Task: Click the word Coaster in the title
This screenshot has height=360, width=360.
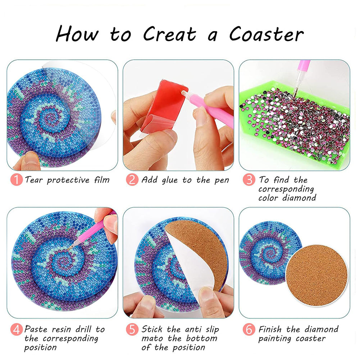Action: point(266,35)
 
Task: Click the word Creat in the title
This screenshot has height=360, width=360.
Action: point(169,35)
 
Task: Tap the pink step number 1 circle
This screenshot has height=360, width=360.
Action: point(16,179)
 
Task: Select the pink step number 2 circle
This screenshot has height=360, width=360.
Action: point(132,179)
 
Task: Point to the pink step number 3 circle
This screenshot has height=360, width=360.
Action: point(249,179)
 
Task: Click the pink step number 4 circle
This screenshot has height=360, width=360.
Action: point(16,329)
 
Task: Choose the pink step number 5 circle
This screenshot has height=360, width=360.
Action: point(132,329)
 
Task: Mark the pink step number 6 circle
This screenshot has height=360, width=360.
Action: point(249,329)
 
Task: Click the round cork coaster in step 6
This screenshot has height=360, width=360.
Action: point(317,275)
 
